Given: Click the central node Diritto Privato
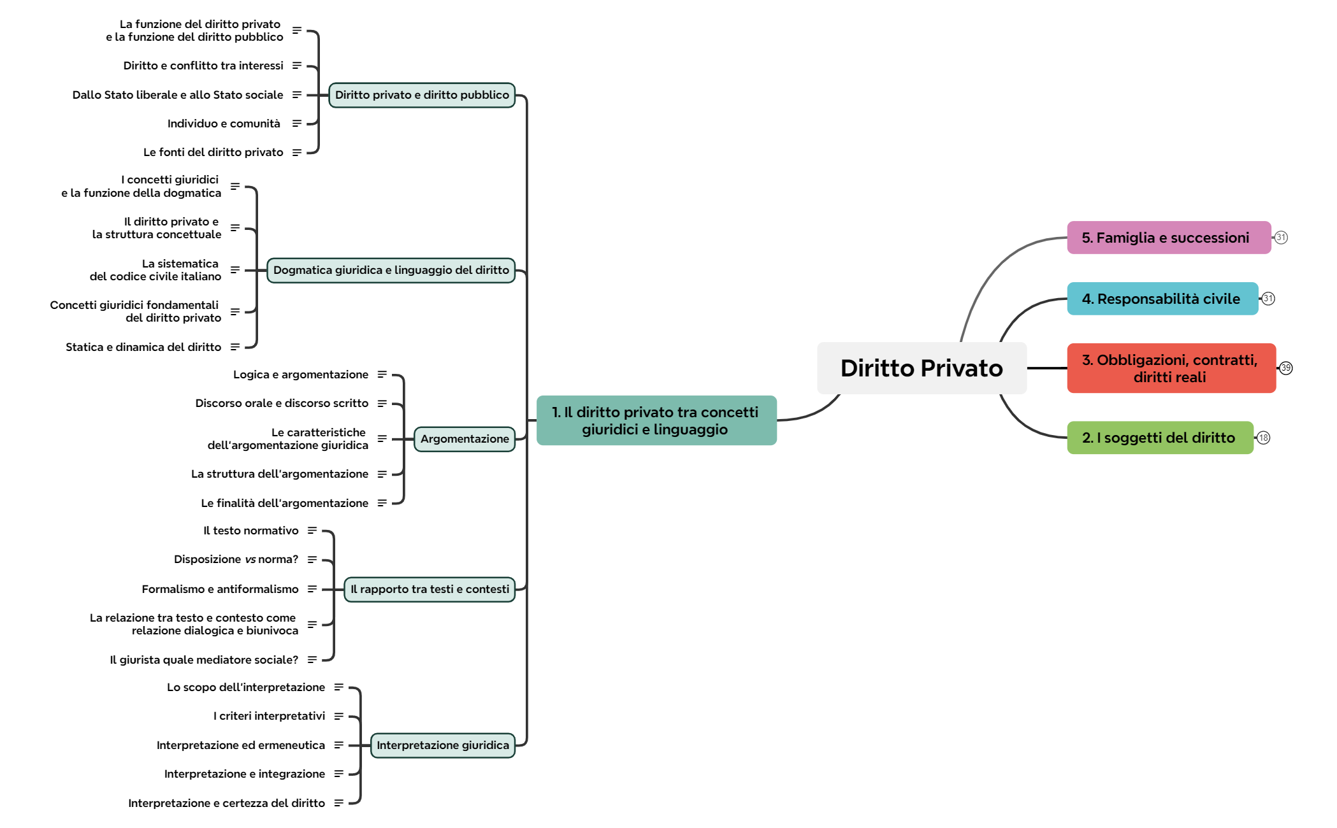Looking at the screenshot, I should click(x=921, y=368).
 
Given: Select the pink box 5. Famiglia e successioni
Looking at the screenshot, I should click(x=1168, y=238).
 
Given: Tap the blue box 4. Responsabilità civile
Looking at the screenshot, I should click(x=1162, y=299).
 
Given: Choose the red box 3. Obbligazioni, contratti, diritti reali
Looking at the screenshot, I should click(x=1171, y=368).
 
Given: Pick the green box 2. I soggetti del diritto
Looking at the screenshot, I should click(x=1159, y=438).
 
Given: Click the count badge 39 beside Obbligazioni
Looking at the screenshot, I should click(x=1286, y=368).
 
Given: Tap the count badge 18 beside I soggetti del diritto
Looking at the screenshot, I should click(x=1264, y=438).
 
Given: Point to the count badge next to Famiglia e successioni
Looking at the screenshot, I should click(x=1281, y=238).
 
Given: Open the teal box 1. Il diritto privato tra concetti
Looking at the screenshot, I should click(x=656, y=420).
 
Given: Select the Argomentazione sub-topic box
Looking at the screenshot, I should click(x=465, y=439).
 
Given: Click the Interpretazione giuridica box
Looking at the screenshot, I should click(x=443, y=745).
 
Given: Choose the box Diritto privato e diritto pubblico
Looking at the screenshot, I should click(x=422, y=95).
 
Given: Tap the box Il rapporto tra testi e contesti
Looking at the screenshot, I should click(x=430, y=589).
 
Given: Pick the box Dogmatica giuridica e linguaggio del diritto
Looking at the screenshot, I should click(x=391, y=270).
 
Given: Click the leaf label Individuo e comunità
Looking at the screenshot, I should click(x=224, y=124).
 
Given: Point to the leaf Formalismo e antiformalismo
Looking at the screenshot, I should click(x=220, y=589).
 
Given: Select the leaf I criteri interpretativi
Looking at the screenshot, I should click(x=269, y=716).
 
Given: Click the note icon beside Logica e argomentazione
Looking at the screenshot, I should click(x=382, y=375).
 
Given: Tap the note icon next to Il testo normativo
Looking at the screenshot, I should click(x=312, y=531).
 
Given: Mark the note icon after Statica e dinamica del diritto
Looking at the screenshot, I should click(x=235, y=347).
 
